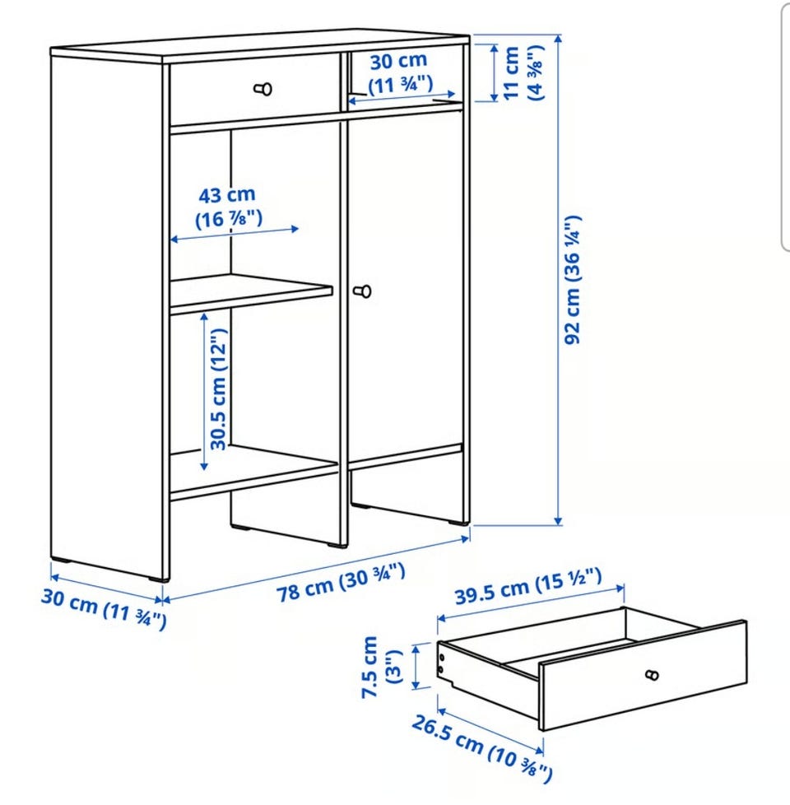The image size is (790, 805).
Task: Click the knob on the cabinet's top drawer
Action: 263,89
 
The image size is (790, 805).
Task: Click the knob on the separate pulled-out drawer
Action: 652,675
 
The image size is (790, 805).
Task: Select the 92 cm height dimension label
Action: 573,280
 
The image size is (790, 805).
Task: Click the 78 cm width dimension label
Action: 341,582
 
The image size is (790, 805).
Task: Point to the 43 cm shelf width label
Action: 228,207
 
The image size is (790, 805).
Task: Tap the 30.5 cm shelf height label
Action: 218,389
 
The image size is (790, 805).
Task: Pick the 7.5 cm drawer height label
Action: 383,667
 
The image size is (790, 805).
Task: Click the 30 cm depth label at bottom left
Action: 104,608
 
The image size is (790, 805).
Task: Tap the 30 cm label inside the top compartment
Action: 399,72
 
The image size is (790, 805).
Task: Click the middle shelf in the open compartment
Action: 251,293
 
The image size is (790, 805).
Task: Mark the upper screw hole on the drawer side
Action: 440,657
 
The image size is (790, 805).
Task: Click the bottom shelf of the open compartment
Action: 253,472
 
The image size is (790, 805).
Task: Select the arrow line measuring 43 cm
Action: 234,234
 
